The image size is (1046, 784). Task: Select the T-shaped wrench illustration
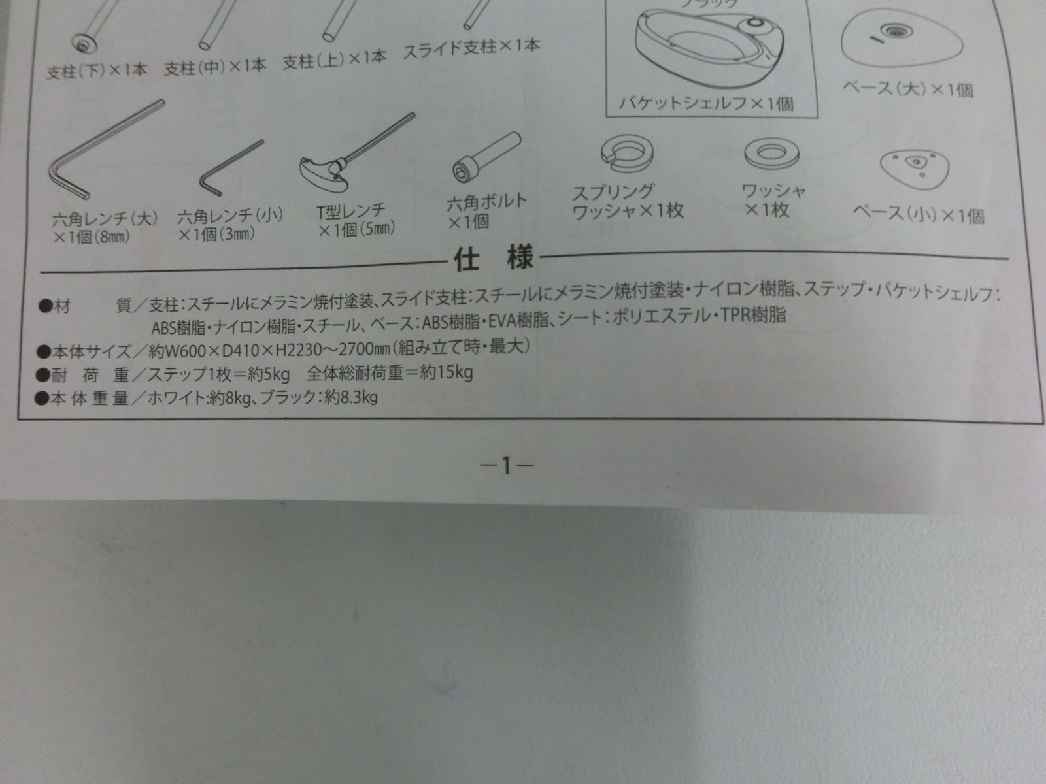[x=353, y=154]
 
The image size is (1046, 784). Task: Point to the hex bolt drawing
[x=486, y=157]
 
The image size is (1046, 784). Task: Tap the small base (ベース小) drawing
[x=914, y=166]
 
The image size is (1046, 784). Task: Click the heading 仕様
[x=494, y=259]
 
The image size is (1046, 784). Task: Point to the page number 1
[x=506, y=466]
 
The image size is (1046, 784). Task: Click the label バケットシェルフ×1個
[x=706, y=103]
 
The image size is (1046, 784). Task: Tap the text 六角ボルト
[x=486, y=202]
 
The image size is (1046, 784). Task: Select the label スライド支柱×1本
[x=471, y=48]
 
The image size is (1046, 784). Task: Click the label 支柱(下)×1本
[x=97, y=71]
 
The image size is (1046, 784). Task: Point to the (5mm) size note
[x=377, y=229]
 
